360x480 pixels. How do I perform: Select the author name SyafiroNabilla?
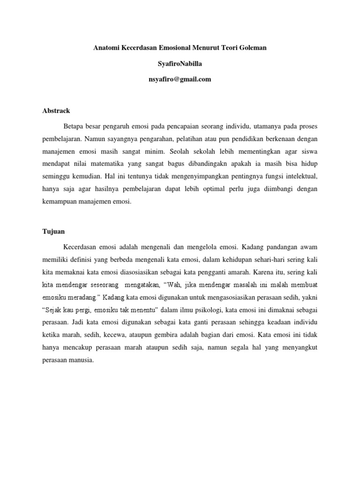tap(180, 64)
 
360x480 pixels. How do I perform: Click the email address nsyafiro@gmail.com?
tap(180, 79)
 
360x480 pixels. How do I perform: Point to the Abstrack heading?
tap(56, 111)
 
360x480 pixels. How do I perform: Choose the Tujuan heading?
tap(53, 232)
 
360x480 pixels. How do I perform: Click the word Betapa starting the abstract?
tap(73, 127)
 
